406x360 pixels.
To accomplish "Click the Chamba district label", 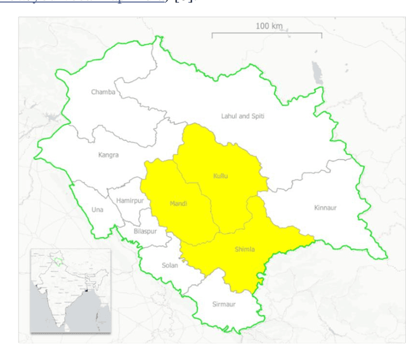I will pyautogui.click(x=103, y=92).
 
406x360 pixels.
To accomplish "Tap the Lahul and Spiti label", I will pyautogui.click(x=242, y=116).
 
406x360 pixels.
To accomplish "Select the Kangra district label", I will pyautogui.click(x=108, y=155).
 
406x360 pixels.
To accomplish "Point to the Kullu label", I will pyautogui.click(x=220, y=175).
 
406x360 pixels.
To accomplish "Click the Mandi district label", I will pyautogui.click(x=178, y=203).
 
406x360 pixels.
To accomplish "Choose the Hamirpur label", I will pyautogui.click(x=130, y=201).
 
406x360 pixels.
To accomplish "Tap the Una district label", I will pyautogui.click(x=97, y=210).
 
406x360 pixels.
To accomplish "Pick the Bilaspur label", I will pyautogui.click(x=145, y=231).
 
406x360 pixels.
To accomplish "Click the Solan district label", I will pyautogui.click(x=169, y=265).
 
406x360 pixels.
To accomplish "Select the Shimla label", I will pyautogui.click(x=244, y=250).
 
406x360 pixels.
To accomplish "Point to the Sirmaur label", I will pyautogui.click(x=223, y=304).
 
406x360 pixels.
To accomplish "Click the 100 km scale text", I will pyautogui.click(x=269, y=26).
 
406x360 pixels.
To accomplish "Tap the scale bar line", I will pyautogui.click(x=266, y=33).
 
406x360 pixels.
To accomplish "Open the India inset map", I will pyautogui.click(x=70, y=291).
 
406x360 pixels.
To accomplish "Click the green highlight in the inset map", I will pyautogui.click(x=60, y=261).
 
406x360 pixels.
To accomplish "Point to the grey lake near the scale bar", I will pyautogui.click(x=315, y=69).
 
